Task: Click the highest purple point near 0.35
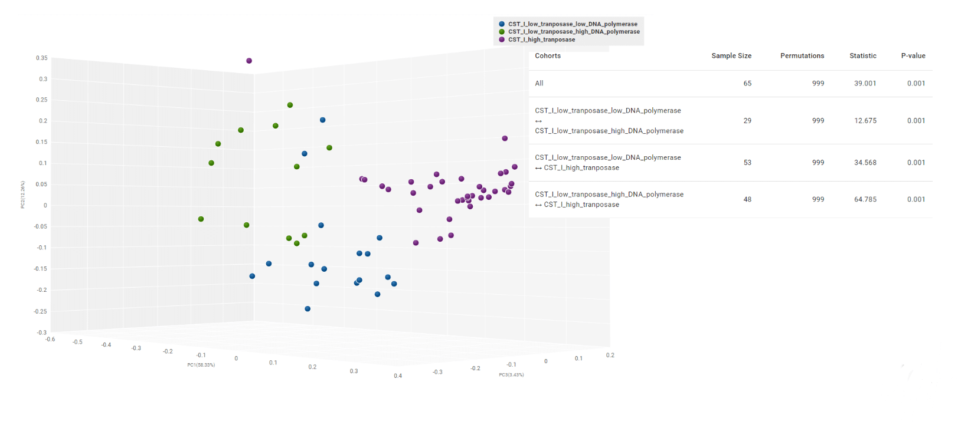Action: pos(249,61)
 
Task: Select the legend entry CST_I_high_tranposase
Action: pos(541,39)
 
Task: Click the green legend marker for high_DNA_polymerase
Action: pos(502,32)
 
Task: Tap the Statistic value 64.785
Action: pos(865,199)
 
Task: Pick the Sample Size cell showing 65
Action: pos(747,83)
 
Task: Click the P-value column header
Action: pos(913,56)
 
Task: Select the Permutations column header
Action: pos(802,56)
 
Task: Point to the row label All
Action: pos(539,83)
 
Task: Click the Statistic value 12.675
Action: pos(865,120)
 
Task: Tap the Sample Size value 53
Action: pos(747,163)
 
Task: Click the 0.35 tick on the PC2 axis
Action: pos(41,58)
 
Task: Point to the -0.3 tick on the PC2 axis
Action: pos(41,332)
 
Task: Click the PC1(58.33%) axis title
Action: pos(201,365)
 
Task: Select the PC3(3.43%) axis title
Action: pos(511,375)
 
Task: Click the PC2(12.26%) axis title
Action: pos(23,195)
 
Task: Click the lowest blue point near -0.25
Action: pos(308,309)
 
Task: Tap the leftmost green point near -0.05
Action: pos(201,219)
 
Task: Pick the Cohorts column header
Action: pos(548,56)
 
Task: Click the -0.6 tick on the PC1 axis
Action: pos(50,339)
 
